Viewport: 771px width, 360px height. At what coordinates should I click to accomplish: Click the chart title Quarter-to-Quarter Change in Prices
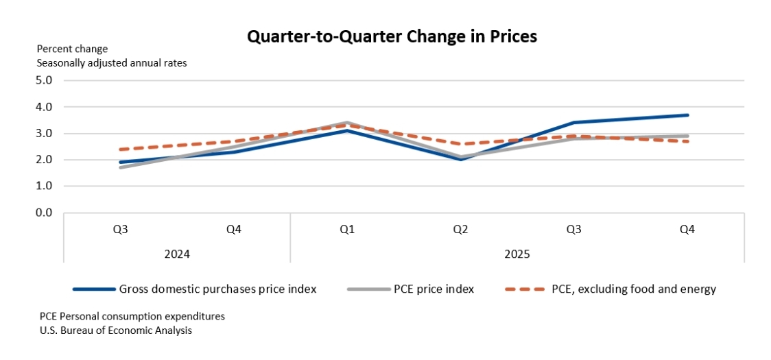pyautogui.click(x=392, y=37)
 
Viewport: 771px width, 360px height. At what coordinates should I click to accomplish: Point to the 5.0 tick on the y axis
pyautogui.click(x=44, y=80)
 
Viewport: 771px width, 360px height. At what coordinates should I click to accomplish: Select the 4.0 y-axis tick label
pyautogui.click(x=44, y=107)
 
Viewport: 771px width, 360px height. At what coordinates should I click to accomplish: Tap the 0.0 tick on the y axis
pyautogui.click(x=44, y=213)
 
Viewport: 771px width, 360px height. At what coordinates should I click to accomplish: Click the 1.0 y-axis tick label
pyautogui.click(x=44, y=186)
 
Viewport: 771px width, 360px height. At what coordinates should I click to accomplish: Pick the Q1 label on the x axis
pyautogui.click(x=347, y=229)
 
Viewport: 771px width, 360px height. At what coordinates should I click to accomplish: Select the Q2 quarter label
pyautogui.click(x=460, y=229)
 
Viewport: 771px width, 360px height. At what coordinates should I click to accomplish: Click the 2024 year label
pyautogui.click(x=177, y=253)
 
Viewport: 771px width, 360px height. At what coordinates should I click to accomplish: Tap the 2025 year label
pyautogui.click(x=517, y=253)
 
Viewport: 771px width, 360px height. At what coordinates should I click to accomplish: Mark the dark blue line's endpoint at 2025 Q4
pyautogui.click(x=687, y=115)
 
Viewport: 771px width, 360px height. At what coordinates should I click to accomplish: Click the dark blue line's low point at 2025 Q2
pyautogui.click(x=460, y=159)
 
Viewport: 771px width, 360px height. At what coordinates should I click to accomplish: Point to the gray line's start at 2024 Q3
pyautogui.click(x=121, y=167)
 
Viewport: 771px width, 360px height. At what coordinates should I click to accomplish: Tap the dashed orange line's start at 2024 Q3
pyautogui.click(x=121, y=149)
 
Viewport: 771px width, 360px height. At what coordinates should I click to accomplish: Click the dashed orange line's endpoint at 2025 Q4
pyautogui.click(x=687, y=141)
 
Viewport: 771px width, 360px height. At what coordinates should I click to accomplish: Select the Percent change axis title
pyautogui.click(x=72, y=49)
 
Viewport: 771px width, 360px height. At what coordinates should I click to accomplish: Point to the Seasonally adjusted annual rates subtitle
pyautogui.click(x=112, y=62)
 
